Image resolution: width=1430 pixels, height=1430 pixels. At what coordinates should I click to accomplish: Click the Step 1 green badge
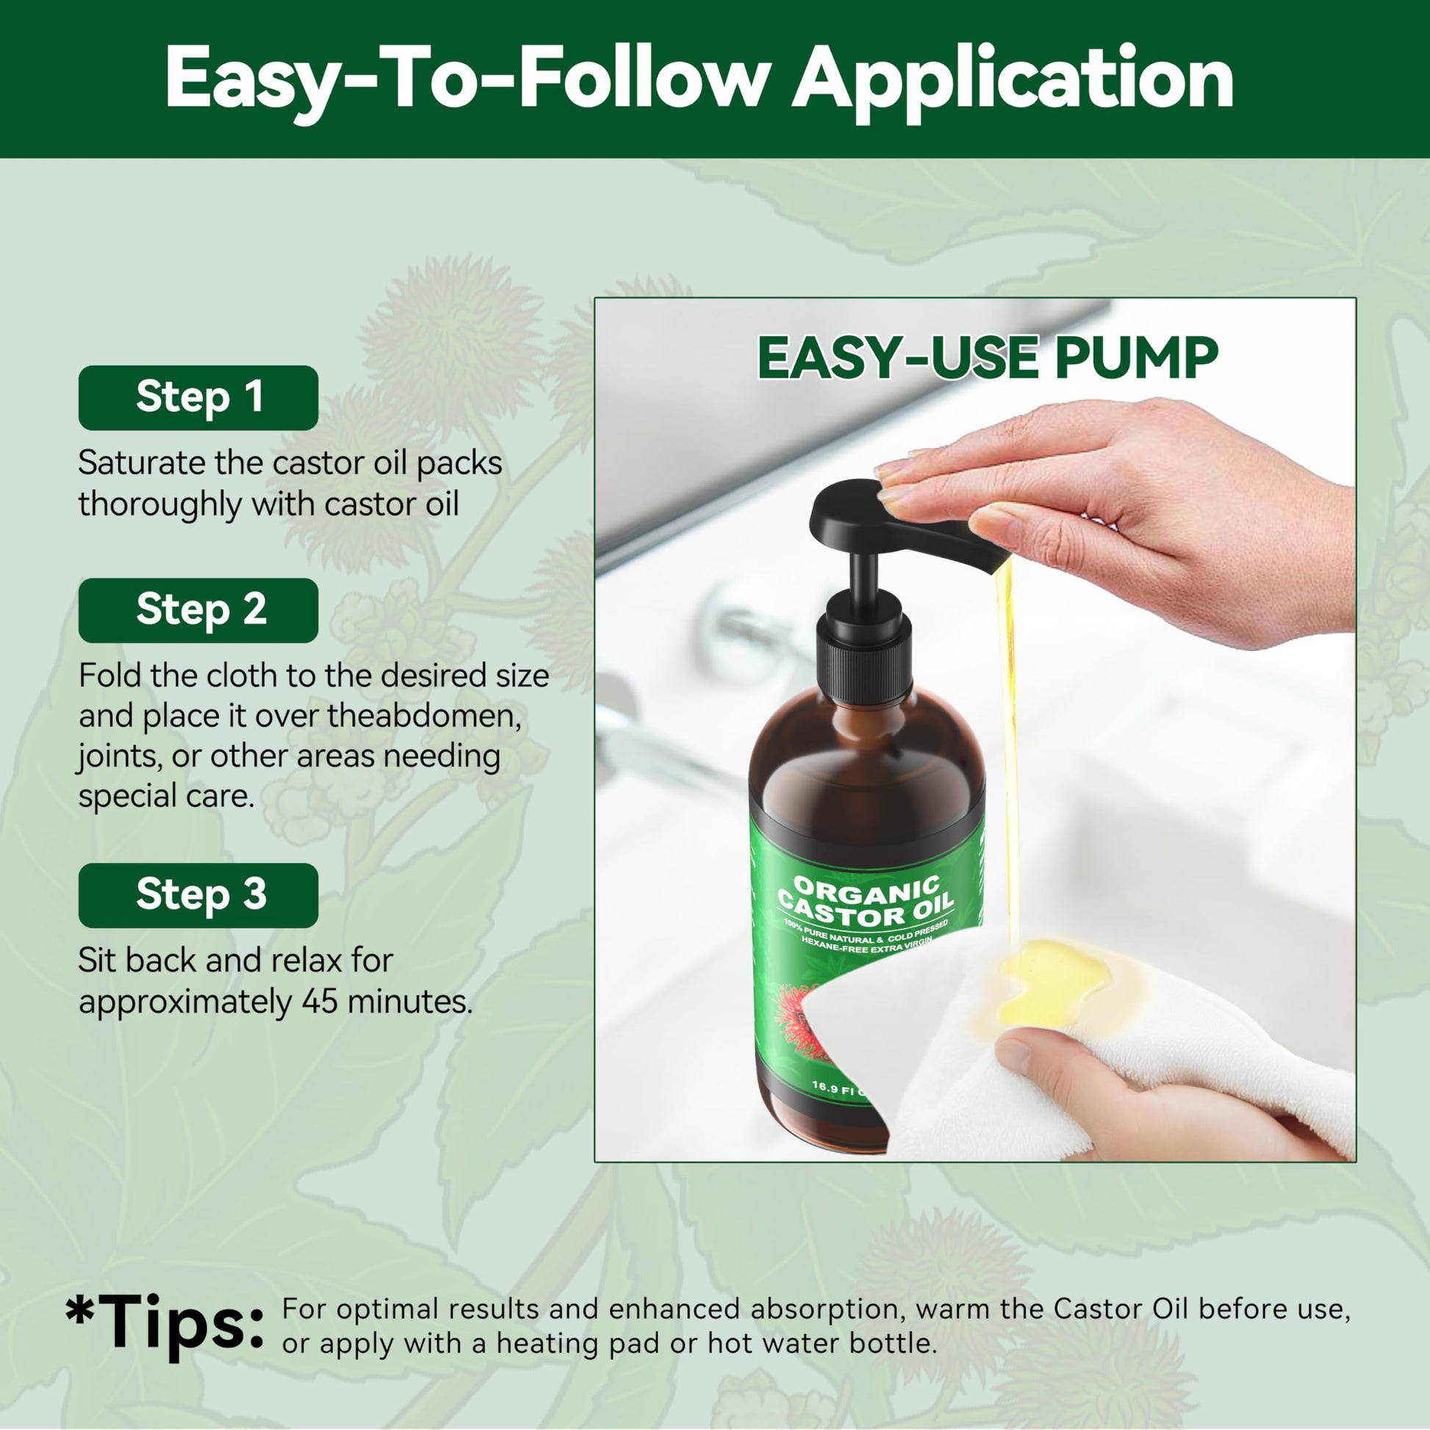198,398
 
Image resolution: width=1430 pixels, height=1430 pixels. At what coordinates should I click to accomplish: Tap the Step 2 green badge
198,610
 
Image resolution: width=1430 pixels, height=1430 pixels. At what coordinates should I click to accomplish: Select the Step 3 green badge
198,895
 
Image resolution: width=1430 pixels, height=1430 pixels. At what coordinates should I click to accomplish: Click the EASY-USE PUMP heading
988,359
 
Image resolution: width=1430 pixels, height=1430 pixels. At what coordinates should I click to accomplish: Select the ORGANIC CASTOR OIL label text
866,902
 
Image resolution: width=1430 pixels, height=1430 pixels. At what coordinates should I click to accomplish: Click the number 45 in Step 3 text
320,1002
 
